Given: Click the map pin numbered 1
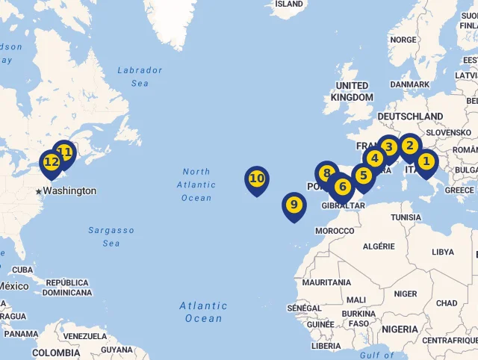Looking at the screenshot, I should click(x=426, y=161).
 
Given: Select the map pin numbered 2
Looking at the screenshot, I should click(x=409, y=146).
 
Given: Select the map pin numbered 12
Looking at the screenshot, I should click(x=51, y=162).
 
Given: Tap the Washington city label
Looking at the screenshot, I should click(x=69, y=191).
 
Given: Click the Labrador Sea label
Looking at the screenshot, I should click(x=140, y=77).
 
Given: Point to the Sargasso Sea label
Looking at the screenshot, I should click(x=111, y=237).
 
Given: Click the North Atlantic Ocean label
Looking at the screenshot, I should click(x=196, y=184).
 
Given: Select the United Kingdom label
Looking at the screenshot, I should click(x=352, y=91).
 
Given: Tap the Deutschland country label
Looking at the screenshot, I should click(x=410, y=117).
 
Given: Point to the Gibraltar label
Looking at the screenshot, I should click(x=343, y=206).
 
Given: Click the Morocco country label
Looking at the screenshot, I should click(x=335, y=231).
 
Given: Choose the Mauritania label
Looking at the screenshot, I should click(x=326, y=282).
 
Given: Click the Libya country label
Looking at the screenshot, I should click(x=443, y=252).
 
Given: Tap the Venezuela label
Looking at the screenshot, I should click(x=85, y=336).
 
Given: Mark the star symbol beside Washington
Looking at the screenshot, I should click(x=39, y=192).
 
